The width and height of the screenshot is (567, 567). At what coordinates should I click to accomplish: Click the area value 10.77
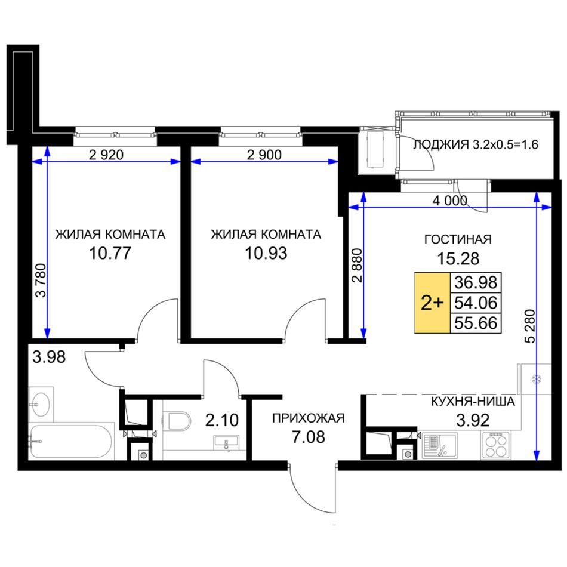point(110,253)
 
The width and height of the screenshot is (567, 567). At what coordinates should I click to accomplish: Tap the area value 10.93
point(266,253)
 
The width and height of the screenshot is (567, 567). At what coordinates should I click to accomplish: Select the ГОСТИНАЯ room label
point(458,239)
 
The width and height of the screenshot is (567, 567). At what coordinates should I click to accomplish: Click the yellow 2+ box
point(432,303)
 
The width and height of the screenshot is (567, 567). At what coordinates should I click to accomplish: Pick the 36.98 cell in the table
point(476,282)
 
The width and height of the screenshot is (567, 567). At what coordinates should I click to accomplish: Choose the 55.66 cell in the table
point(476,323)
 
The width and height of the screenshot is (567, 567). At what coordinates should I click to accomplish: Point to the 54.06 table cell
point(476,303)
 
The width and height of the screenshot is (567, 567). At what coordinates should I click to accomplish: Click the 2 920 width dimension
point(106,155)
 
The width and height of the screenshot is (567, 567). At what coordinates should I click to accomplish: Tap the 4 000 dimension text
point(450,200)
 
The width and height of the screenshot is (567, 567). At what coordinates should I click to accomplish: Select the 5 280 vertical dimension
point(530,326)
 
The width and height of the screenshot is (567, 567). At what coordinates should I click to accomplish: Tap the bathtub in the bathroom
point(71,442)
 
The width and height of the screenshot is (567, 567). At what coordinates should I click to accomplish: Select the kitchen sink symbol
point(440,446)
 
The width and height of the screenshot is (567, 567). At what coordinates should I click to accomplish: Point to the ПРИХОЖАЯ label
point(309,418)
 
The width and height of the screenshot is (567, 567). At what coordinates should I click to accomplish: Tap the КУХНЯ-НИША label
point(473,402)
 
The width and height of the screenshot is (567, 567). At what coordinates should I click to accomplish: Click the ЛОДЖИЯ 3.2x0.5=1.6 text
point(476,145)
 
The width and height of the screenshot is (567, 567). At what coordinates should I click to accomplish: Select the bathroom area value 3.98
point(49,357)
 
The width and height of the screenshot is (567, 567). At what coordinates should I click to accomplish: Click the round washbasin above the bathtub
point(41,404)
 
